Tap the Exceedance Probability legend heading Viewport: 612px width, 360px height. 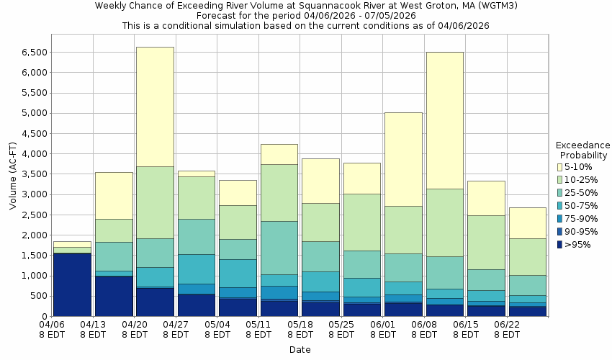[x=582, y=150]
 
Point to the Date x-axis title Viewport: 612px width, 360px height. [x=300, y=350]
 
